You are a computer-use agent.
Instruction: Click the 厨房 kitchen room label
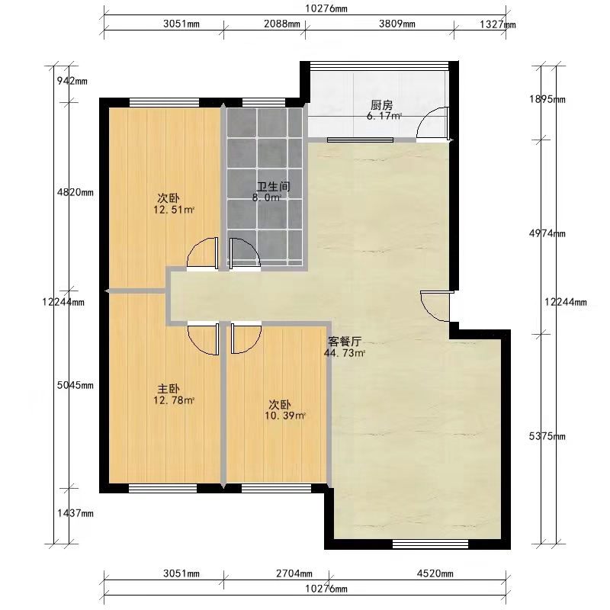pos(381,105)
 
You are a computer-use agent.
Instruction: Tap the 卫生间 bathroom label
pos(274,186)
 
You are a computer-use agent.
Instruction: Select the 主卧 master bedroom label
pos(169,389)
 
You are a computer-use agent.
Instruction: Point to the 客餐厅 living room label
pos(345,342)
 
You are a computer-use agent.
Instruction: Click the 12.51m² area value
pos(174,210)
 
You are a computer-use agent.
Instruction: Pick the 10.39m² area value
pos(285,416)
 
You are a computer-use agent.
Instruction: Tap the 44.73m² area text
pos(345,353)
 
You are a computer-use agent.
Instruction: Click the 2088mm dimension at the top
pos(282,24)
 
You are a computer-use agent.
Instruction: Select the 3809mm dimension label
pos(397,24)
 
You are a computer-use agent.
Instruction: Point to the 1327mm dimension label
pos(498,24)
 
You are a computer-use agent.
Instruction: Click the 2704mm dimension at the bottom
pos(294,573)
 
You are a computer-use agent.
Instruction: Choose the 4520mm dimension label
pos(435,573)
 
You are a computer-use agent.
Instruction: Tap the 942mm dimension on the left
pos(72,81)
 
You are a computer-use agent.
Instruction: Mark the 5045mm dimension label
pos(75,385)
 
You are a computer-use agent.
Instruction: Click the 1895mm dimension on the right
pos(547,99)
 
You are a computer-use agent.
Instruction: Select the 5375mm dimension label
pos(547,436)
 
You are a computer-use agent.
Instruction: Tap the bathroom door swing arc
pos(251,245)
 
